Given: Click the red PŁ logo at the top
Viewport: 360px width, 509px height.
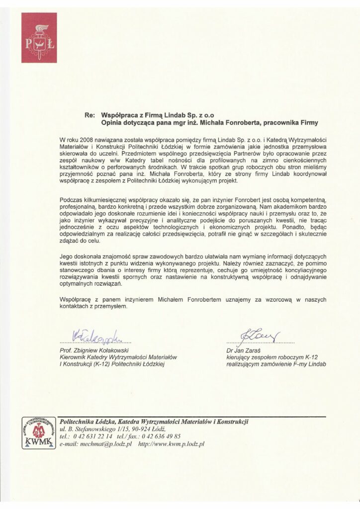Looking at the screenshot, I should pyautogui.click(x=39, y=38).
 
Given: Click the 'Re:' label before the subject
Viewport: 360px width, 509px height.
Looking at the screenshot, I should pyautogui.click(x=90, y=115).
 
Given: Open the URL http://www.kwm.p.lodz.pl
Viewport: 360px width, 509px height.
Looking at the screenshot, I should pyautogui.click(x=172, y=443).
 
